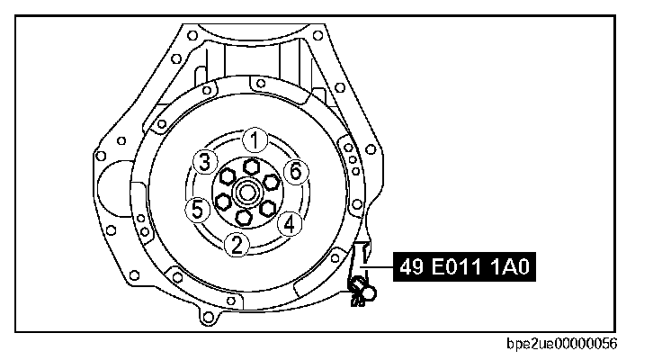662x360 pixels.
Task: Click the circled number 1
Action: pos(255,139)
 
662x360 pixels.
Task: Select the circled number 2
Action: pos(237,245)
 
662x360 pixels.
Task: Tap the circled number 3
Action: pos(205,162)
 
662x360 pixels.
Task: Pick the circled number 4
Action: pos(290,223)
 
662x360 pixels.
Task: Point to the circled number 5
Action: pos(198,210)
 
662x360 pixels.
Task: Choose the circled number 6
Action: pos(296,172)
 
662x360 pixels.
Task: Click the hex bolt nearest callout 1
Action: pos(251,166)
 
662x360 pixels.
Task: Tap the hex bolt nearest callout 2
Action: pos(243,218)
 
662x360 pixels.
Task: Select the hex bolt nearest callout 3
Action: pos(228,175)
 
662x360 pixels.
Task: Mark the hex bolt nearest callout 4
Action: pos(267,208)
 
